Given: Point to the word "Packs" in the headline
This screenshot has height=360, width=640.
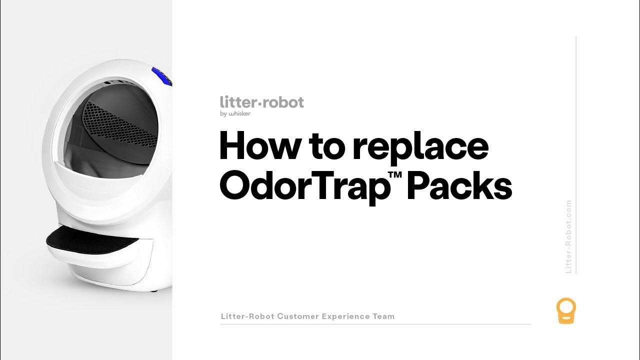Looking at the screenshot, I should tap(460, 186).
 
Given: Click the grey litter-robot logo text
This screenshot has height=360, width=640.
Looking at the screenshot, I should tap(261, 102).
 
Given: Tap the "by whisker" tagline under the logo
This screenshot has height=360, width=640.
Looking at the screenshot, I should tap(235, 113).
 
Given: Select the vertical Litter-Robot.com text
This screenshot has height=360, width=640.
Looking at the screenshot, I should tap(568, 236).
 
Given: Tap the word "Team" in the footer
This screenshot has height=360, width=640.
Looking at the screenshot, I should tap(383, 316).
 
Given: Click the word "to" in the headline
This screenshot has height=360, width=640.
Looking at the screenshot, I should tap(326, 147).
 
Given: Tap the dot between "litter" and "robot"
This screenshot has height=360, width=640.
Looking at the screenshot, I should tap(260, 103).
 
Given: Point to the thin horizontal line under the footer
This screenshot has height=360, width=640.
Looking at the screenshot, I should tap(375, 324).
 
